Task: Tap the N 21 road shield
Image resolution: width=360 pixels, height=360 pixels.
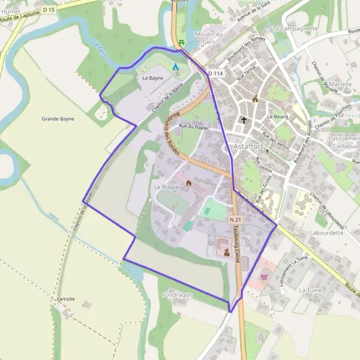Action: click(x=235, y=220)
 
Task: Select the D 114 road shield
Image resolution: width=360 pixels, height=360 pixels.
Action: click(x=216, y=73)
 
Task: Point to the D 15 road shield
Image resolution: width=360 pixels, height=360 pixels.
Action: click(x=49, y=10)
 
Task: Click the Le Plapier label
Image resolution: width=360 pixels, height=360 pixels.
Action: click(x=167, y=187)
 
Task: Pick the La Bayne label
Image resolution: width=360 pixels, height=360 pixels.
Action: click(x=152, y=78)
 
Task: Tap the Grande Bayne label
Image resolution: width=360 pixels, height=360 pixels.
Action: click(x=58, y=119)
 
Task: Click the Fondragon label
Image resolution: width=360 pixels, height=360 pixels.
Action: click(x=176, y=295)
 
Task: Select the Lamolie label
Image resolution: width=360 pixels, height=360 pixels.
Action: click(x=65, y=298)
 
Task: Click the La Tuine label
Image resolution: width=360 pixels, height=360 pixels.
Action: click(x=311, y=290)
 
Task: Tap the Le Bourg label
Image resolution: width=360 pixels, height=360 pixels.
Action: click(x=278, y=116)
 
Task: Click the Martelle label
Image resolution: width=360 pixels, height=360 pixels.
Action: click(x=340, y=85)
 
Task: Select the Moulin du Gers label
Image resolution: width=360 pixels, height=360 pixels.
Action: click(x=209, y=38)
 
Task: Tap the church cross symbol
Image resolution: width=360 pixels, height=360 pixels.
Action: click(x=244, y=120)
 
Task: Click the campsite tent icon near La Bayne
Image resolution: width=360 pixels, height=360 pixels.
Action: click(x=175, y=67)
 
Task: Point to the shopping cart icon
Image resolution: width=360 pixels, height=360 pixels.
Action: click(x=265, y=277)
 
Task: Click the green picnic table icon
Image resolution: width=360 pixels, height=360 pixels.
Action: click(x=181, y=42)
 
